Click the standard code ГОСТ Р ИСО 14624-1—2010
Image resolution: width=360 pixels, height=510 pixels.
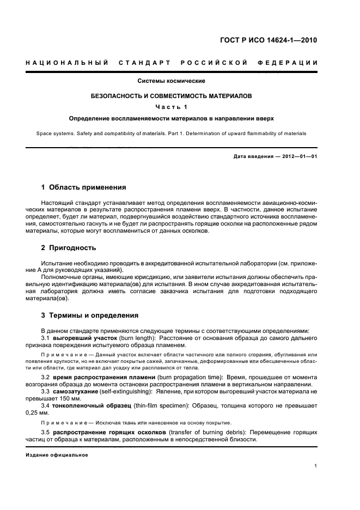click(x=277, y=40)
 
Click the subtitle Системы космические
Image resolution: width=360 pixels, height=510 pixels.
click(x=171, y=81)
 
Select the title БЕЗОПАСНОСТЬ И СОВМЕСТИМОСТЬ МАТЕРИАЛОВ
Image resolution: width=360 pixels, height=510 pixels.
click(x=171, y=95)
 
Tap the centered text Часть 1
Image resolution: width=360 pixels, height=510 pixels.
click(x=171, y=106)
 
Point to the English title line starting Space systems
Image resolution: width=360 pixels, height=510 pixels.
click(x=171, y=133)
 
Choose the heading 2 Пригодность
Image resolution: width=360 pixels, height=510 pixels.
click(x=69, y=247)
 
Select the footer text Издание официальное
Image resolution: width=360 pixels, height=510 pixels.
click(x=57, y=456)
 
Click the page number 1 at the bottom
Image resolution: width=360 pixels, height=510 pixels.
click(x=316, y=466)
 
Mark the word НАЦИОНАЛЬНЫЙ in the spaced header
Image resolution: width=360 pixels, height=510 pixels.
click(x=66, y=63)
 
